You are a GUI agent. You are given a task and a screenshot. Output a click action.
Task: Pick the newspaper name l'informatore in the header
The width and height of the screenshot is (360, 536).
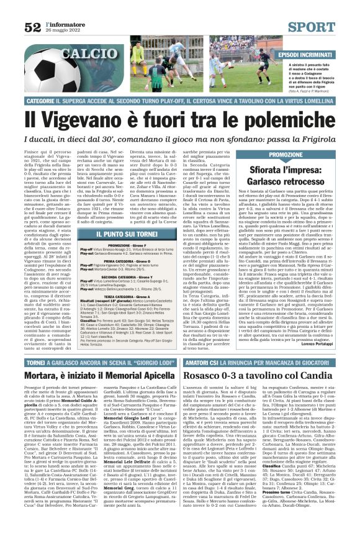coord(63,23)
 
